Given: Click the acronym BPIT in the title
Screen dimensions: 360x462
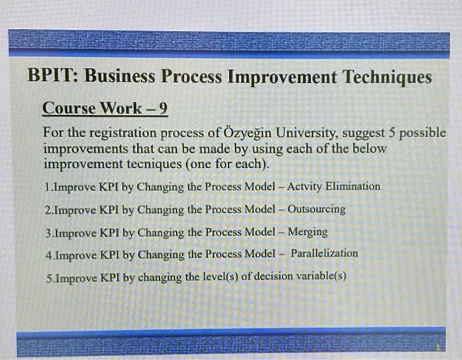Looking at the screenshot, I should [51, 78].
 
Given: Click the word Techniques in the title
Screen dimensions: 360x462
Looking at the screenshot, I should [386, 78].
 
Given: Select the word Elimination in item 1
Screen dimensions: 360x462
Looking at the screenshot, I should [351, 187].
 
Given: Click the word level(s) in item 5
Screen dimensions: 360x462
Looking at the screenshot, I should [208, 276].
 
